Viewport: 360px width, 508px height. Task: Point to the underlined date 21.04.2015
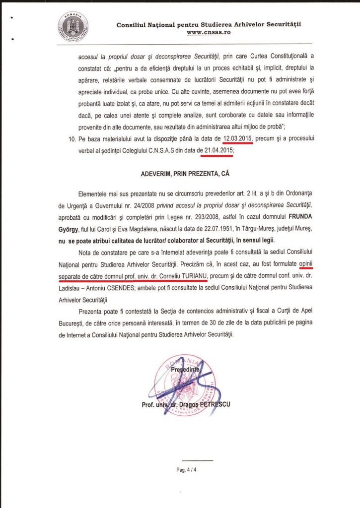(x=217, y=149)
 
